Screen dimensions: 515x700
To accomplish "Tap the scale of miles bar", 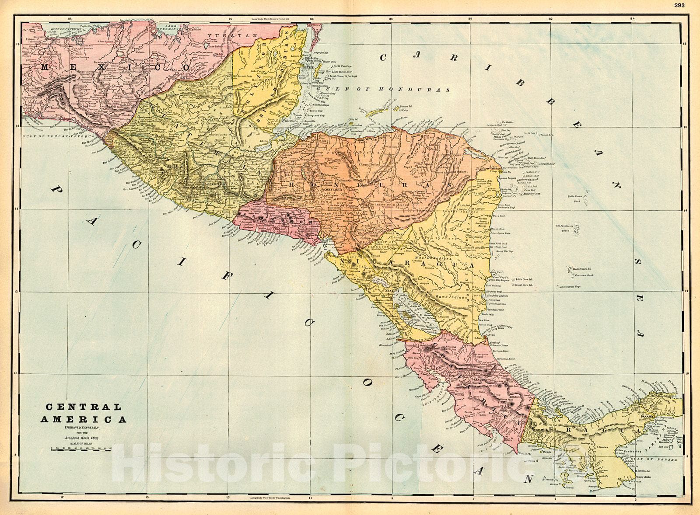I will (81, 449).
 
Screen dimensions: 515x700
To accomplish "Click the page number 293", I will (679, 5).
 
